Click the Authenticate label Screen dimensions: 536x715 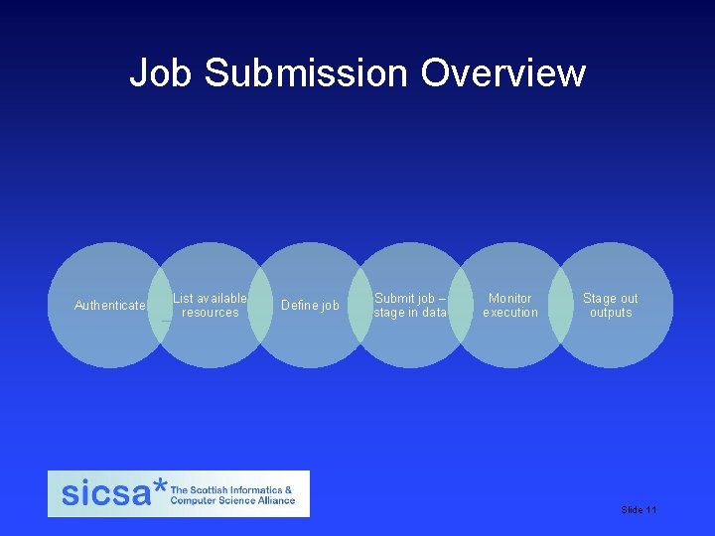[110, 305]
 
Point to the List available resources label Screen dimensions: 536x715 [210, 305]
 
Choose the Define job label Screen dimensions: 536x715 [310, 305]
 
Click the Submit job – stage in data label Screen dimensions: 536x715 [410, 305]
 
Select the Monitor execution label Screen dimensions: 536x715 [510, 305]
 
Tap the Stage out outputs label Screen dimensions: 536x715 [611, 305]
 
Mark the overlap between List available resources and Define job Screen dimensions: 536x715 [260, 305]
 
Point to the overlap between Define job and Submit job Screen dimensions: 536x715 [360, 305]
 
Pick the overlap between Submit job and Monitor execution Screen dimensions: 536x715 [461, 305]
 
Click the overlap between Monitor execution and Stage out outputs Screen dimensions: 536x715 [561, 305]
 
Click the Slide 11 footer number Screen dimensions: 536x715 [639, 509]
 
